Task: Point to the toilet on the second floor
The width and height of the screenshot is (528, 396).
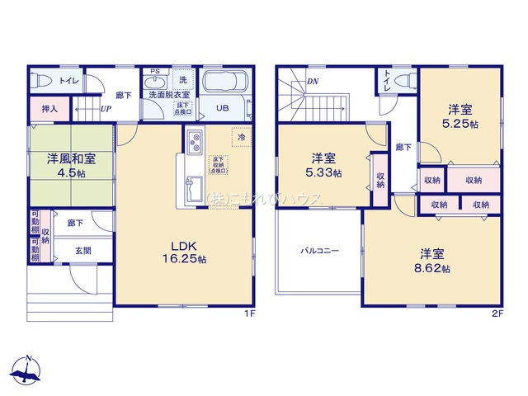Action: pos(403,81)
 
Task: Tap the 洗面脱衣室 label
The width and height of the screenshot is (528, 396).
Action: pos(169,95)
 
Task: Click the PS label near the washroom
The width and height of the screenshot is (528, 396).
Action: pos(154,72)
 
